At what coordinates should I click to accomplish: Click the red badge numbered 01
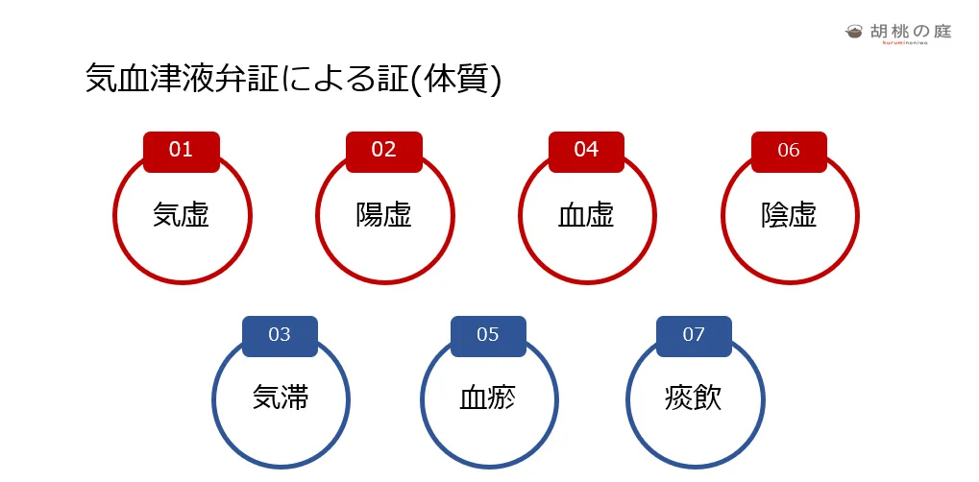(x=181, y=152)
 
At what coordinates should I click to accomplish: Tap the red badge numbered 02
(x=384, y=152)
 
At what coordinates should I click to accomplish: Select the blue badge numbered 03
(x=280, y=336)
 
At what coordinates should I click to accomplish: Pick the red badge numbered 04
(x=586, y=152)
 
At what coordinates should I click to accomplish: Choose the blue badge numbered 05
(x=488, y=336)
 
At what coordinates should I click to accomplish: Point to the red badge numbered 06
(x=789, y=152)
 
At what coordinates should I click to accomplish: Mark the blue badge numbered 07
(x=694, y=336)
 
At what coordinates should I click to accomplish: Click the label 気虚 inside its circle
(x=181, y=215)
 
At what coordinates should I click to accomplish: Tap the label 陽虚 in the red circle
(x=384, y=215)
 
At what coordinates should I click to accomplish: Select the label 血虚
(x=586, y=215)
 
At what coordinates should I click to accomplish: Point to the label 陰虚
(x=789, y=215)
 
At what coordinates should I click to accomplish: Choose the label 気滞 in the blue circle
(x=281, y=398)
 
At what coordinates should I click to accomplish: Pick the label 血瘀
(x=488, y=398)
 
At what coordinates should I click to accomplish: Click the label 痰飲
(x=694, y=398)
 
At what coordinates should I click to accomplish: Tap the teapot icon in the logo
(x=854, y=32)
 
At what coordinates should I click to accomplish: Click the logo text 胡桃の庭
(x=911, y=31)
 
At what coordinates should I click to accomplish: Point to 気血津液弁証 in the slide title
(x=182, y=80)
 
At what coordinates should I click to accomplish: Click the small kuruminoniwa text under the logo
(x=905, y=42)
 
